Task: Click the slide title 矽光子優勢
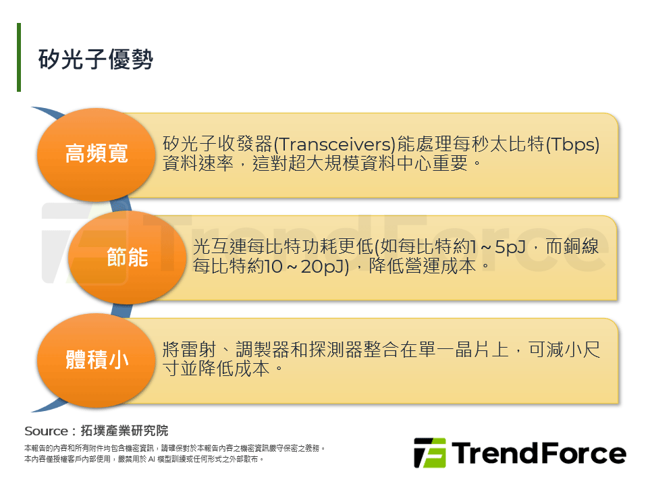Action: coord(96,59)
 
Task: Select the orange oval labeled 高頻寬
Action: coord(97,154)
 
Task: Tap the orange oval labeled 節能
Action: coord(127,257)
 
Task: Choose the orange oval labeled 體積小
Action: coord(97,359)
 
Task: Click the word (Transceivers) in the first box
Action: coord(333,144)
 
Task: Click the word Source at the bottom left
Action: coord(46,431)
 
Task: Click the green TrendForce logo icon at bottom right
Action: coord(430,453)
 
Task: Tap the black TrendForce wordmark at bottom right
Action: coord(539,453)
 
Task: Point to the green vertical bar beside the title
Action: coord(19,57)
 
